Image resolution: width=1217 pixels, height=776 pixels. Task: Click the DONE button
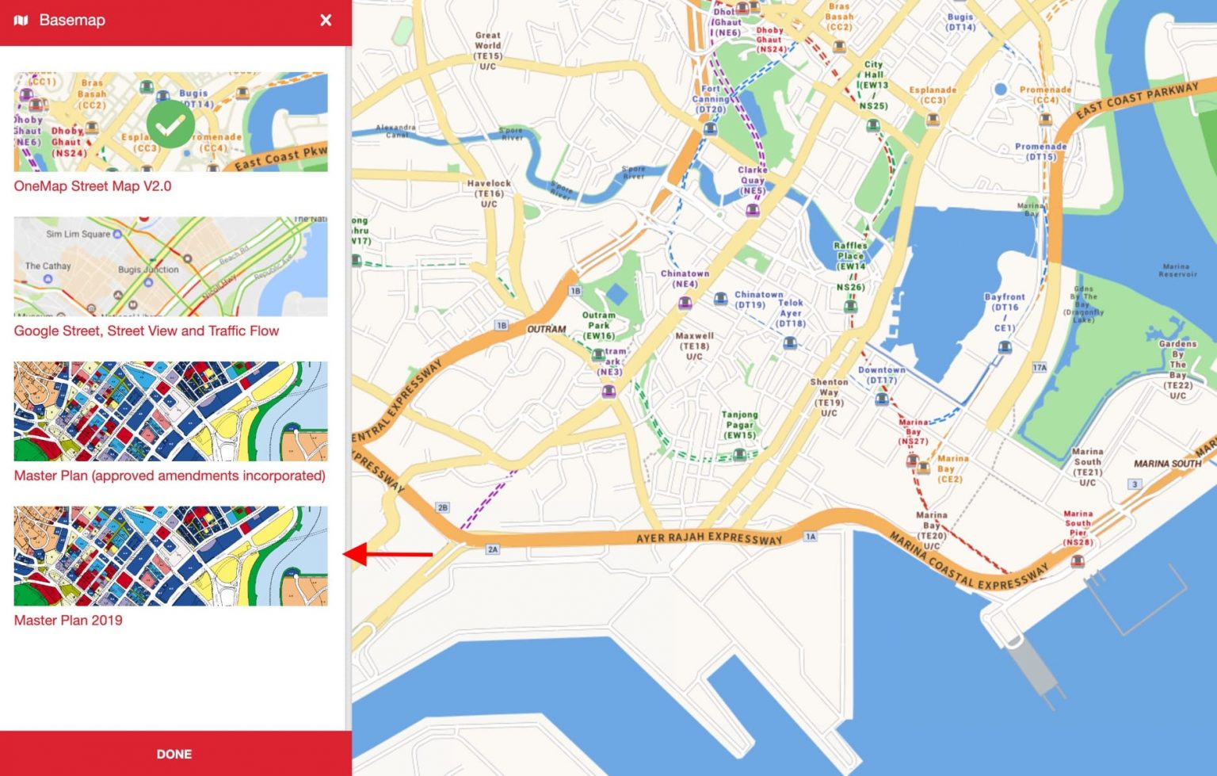pos(174,754)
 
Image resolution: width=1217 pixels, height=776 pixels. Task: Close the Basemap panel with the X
pos(326,21)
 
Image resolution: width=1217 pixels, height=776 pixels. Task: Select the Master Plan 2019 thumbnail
pos(170,556)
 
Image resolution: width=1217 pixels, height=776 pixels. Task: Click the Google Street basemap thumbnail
pos(170,266)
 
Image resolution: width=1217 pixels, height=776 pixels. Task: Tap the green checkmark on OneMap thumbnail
pos(170,124)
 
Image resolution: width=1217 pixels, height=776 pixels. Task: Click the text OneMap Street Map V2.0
pos(93,186)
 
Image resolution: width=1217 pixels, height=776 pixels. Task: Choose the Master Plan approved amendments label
pos(170,476)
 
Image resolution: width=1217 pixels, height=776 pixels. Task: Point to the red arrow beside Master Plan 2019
pos(388,554)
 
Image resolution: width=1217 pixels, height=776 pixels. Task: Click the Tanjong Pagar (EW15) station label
pos(739,425)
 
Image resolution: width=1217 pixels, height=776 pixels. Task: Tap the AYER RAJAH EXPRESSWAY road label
pos(709,538)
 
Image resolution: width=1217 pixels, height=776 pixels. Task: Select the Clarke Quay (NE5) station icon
pos(752,210)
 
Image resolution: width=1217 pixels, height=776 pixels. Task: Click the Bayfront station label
pos(1005,312)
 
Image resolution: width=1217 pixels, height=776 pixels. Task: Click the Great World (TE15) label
pos(488,51)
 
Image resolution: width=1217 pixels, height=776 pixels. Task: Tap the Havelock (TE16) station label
pos(489,193)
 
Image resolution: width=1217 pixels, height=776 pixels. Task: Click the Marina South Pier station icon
pos(1078,561)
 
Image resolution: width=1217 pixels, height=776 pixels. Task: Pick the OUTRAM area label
pos(547,329)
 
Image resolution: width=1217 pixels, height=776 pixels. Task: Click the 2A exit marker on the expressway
pos(493,549)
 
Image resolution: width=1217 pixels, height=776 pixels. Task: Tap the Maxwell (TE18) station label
pos(694,346)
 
